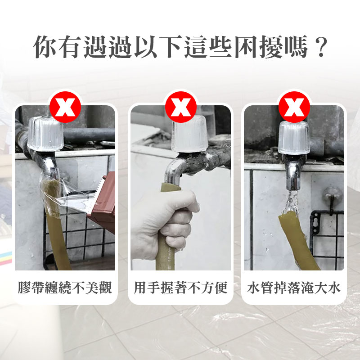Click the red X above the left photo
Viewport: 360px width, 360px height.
[65, 107]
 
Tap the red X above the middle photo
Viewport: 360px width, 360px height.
[181, 107]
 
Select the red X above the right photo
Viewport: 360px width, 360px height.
[294, 107]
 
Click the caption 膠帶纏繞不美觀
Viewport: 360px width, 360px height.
[65, 288]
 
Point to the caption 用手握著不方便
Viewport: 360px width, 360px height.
[181, 288]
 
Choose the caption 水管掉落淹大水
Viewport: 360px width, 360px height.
[294, 288]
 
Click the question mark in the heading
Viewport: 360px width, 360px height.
[320, 47]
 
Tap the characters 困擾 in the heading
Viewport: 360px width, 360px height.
[259, 47]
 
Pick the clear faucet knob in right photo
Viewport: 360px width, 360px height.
[294, 138]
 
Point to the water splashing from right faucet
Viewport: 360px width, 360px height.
[290, 202]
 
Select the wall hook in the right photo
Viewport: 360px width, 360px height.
[332, 198]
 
